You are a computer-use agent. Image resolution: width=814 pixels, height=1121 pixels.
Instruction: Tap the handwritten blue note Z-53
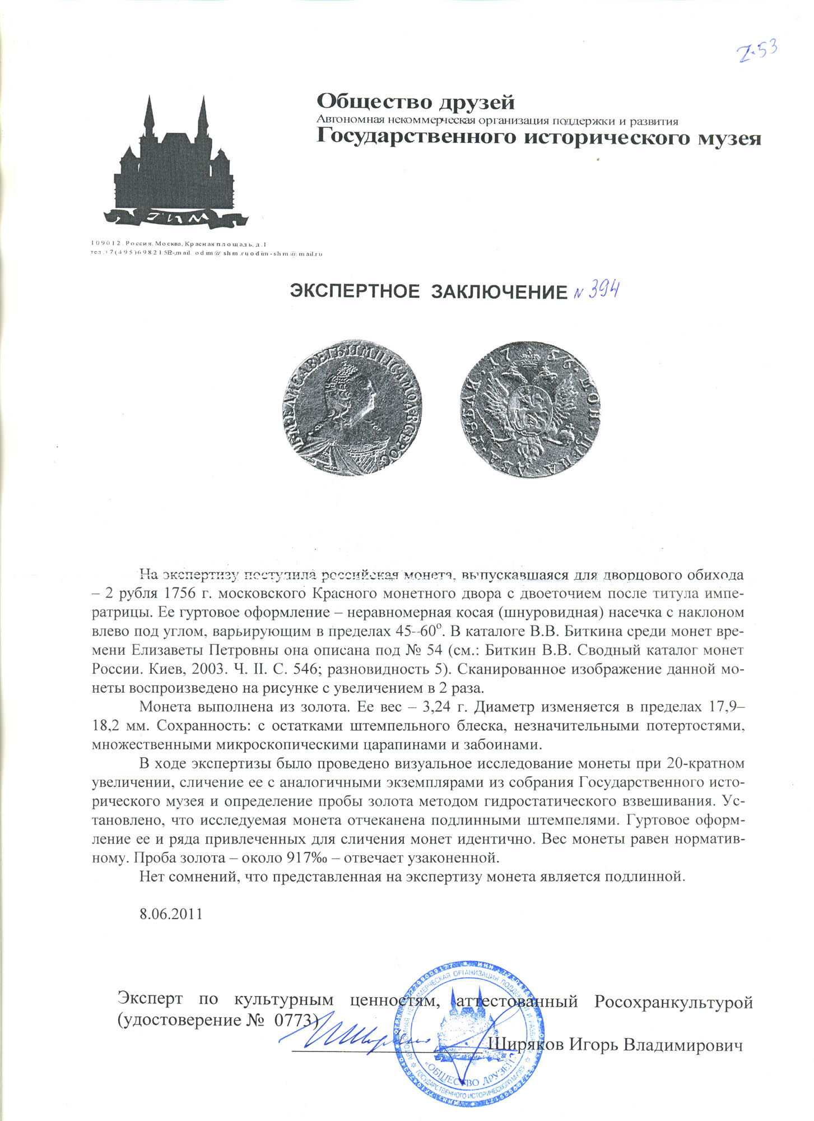pos(757,52)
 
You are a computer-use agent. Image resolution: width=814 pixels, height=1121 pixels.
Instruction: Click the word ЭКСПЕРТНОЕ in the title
pos(354,291)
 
